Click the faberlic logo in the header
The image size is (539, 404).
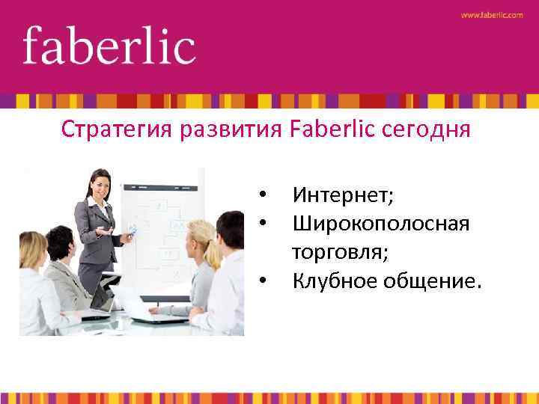click(109, 46)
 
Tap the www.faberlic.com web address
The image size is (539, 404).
click(492, 15)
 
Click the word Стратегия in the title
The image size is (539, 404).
click(117, 131)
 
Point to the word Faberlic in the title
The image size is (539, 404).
click(332, 129)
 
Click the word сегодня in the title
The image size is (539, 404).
click(426, 131)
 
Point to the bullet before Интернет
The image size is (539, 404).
click(263, 197)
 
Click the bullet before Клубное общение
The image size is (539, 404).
click(263, 282)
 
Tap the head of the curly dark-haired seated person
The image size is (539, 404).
click(60, 242)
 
